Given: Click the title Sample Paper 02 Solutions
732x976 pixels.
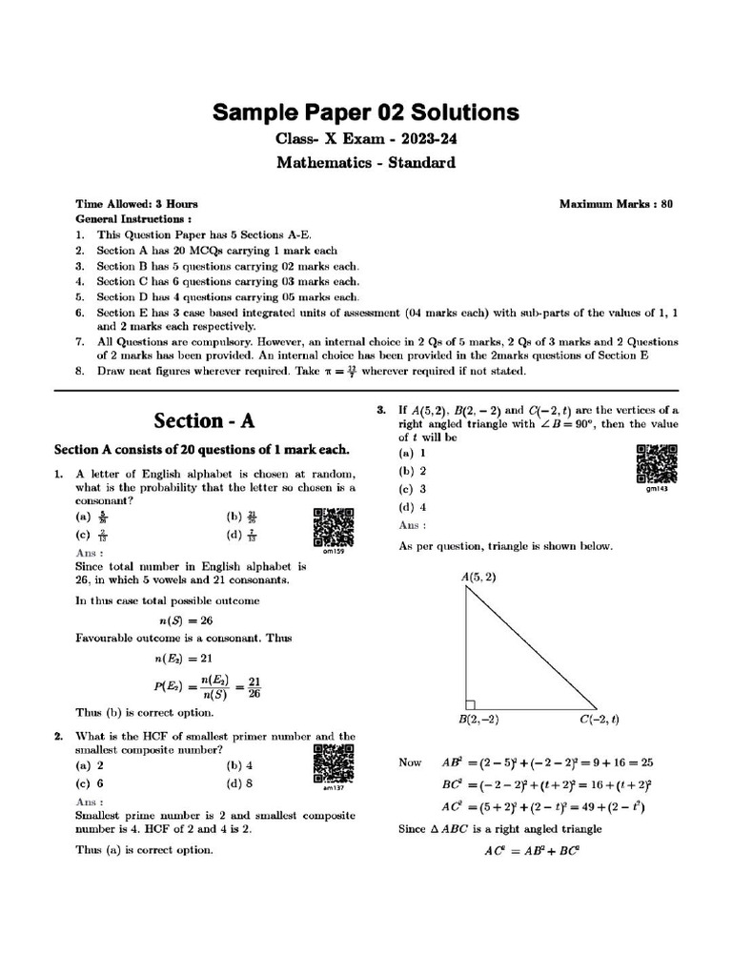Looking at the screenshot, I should [x=366, y=113].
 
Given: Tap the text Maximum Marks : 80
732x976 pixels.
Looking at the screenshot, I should [x=616, y=204].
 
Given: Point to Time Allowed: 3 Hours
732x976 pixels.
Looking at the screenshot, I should [x=137, y=204].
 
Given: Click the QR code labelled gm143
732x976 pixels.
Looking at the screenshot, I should [x=656, y=464].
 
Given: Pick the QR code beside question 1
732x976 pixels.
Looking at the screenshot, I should [x=333, y=525].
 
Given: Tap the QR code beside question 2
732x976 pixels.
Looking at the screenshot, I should [x=333, y=763].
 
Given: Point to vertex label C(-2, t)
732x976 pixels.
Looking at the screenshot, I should [x=600, y=720].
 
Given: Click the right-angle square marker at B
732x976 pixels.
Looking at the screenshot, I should [x=470, y=701].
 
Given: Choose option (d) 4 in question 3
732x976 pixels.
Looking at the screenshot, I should [x=413, y=507].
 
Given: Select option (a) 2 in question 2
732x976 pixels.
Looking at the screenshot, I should [x=90, y=765].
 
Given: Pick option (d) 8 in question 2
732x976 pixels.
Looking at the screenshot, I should [x=239, y=783].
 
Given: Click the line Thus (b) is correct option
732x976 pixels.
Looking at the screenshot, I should [x=144, y=712].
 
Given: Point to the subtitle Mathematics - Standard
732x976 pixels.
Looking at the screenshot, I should [x=366, y=162].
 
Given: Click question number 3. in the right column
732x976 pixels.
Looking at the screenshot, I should [x=380, y=410].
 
